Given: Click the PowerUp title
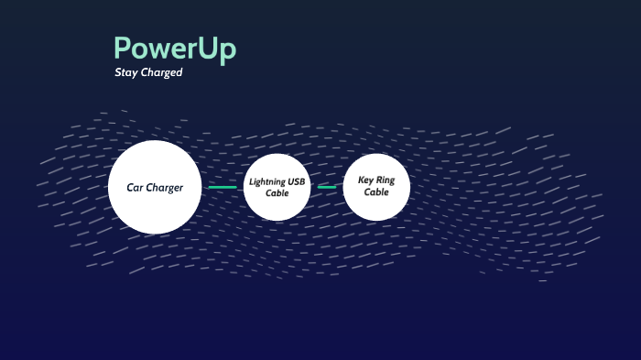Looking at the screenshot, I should (174, 49).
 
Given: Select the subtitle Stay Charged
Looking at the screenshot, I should (148, 72).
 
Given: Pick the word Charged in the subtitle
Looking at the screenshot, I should (163, 72).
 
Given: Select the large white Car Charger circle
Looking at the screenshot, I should (155, 187).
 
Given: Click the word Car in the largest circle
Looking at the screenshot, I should (136, 188).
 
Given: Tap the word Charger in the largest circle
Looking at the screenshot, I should (167, 188).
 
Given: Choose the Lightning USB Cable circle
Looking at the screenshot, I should (277, 188).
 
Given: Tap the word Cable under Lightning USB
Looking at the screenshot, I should (277, 193).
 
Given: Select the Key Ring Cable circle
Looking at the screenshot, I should (375, 187).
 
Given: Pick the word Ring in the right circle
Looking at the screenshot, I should (386, 180).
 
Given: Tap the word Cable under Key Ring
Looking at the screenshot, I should (375, 192).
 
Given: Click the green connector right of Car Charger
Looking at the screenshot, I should (223, 188).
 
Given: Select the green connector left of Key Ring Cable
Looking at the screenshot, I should (327, 188).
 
